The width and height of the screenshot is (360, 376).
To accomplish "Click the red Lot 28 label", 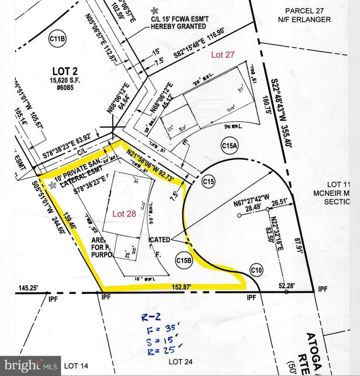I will point(124,214).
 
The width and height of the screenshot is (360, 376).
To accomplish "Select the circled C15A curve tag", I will point(229,145).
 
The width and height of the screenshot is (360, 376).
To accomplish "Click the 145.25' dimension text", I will point(28,288).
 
